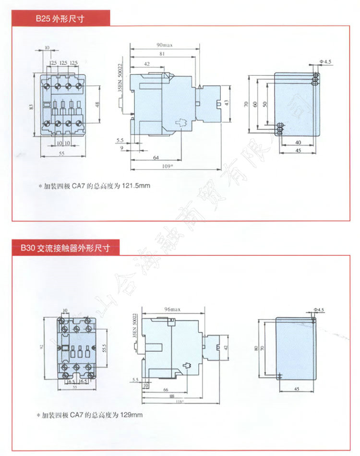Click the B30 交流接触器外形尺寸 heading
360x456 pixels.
65,249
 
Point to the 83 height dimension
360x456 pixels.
31,107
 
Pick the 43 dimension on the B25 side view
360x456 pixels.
226,103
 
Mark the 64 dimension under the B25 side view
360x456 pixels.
156,157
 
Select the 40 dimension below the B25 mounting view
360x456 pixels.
298,143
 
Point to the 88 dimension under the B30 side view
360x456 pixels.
171,396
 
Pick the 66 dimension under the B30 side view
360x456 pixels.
165,390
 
